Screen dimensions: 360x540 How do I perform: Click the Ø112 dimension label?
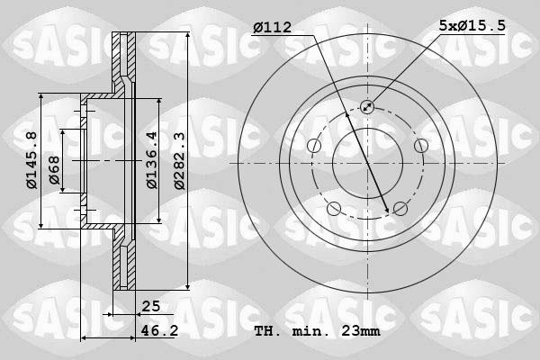tap(271, 28)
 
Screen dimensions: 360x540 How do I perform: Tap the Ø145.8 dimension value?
tap(31, 160)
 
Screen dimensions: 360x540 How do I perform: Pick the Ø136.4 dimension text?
tap(152, 160)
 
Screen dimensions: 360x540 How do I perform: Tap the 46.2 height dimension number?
tap(155, 331)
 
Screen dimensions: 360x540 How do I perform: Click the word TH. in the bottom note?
tap(268, 331)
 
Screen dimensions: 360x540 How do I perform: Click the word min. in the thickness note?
tap(310, 331)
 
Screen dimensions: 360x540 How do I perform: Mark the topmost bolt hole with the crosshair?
tap(368, 107)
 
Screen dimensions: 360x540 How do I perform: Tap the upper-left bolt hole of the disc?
tap(314, 146)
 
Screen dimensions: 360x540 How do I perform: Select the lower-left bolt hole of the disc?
tap(334, 210)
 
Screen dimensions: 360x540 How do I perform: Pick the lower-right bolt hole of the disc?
tap(400, 210)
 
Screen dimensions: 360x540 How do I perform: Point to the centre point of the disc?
tap(368, 163)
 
